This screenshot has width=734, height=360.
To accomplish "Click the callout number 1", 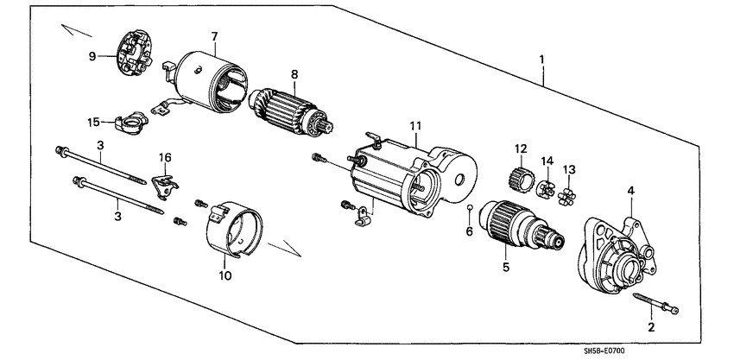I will pos(541,60).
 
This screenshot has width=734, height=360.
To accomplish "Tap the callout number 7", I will pos(214,35).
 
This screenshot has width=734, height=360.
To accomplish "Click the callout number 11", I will pos(415,126).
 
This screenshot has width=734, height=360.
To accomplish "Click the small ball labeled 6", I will pos(469,209).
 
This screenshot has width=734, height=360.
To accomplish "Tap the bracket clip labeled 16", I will pos(163,183).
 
